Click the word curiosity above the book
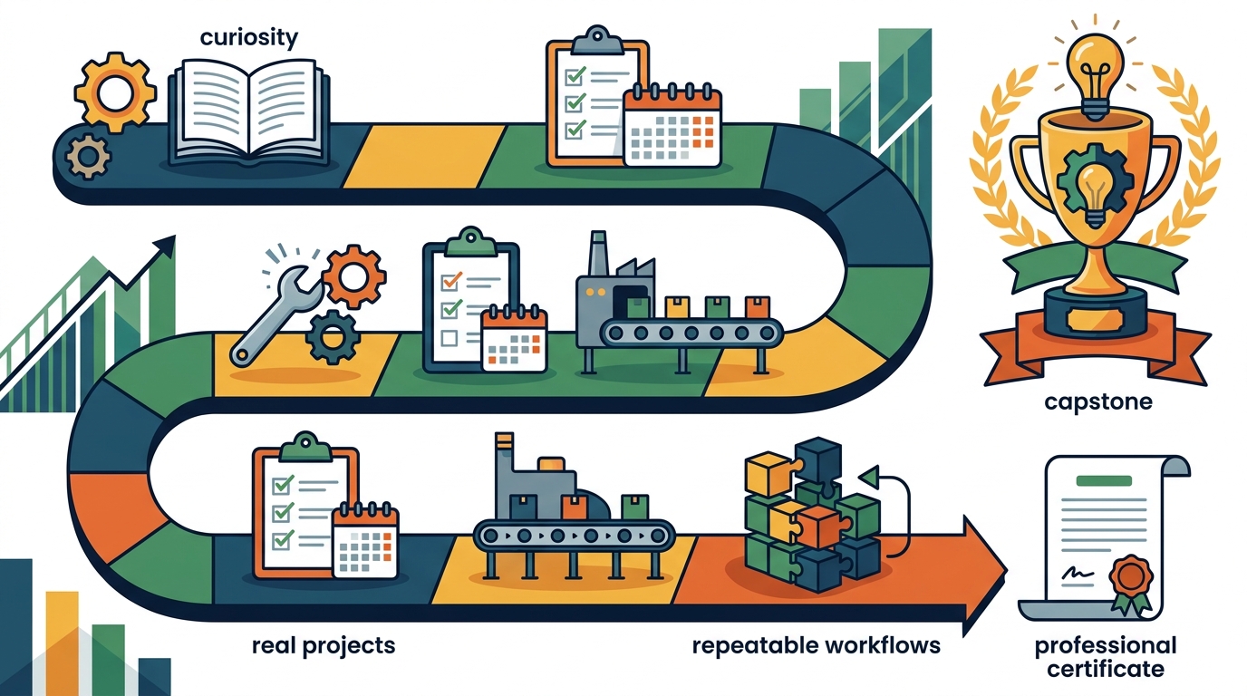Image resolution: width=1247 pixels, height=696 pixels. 249,38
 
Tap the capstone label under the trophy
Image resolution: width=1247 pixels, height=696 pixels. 1097,402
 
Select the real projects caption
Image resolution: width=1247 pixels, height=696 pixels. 324,646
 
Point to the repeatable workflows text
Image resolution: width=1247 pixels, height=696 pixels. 817,646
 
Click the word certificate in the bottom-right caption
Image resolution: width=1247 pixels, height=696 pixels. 1105,669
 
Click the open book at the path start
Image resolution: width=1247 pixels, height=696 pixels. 249,111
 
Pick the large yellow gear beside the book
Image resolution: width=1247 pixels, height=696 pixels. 115,92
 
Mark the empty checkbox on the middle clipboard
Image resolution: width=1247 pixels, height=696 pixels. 449,338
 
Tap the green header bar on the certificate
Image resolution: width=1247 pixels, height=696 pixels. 1104,481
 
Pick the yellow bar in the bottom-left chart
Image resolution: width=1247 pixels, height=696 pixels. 62,643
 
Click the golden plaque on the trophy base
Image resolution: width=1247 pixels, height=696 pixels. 1095,318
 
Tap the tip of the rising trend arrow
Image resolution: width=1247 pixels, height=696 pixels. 174,237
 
